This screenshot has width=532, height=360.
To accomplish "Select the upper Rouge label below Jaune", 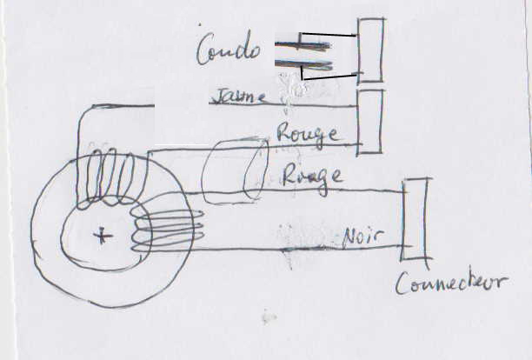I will (x=306, y=132).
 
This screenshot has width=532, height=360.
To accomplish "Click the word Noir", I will (x=364, y=235).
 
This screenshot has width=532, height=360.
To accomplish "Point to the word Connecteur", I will (x=452, y=283).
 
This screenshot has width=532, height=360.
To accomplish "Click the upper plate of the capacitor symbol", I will (x=304, y=43).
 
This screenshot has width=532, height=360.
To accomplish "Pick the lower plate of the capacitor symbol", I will (x=304, y=64).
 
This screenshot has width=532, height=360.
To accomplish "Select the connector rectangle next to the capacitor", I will (x=371, y=50).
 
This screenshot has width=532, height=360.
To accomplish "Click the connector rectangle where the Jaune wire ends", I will (x=370, y=121).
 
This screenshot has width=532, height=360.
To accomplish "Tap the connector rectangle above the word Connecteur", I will (x=415, y=219).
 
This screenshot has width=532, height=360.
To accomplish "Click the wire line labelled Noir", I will (x=287, y=250).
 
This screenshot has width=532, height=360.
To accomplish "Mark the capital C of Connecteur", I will (x=402, y=283).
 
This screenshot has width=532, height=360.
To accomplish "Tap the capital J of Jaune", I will (x=218, y=96).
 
